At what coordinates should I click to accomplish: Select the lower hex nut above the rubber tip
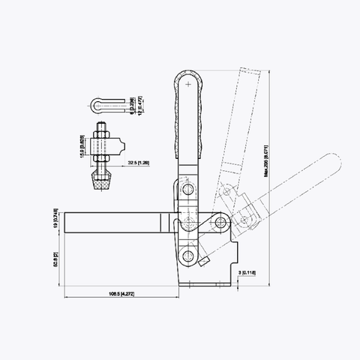point(100,160)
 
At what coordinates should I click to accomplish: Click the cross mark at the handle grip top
point(187,88)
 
